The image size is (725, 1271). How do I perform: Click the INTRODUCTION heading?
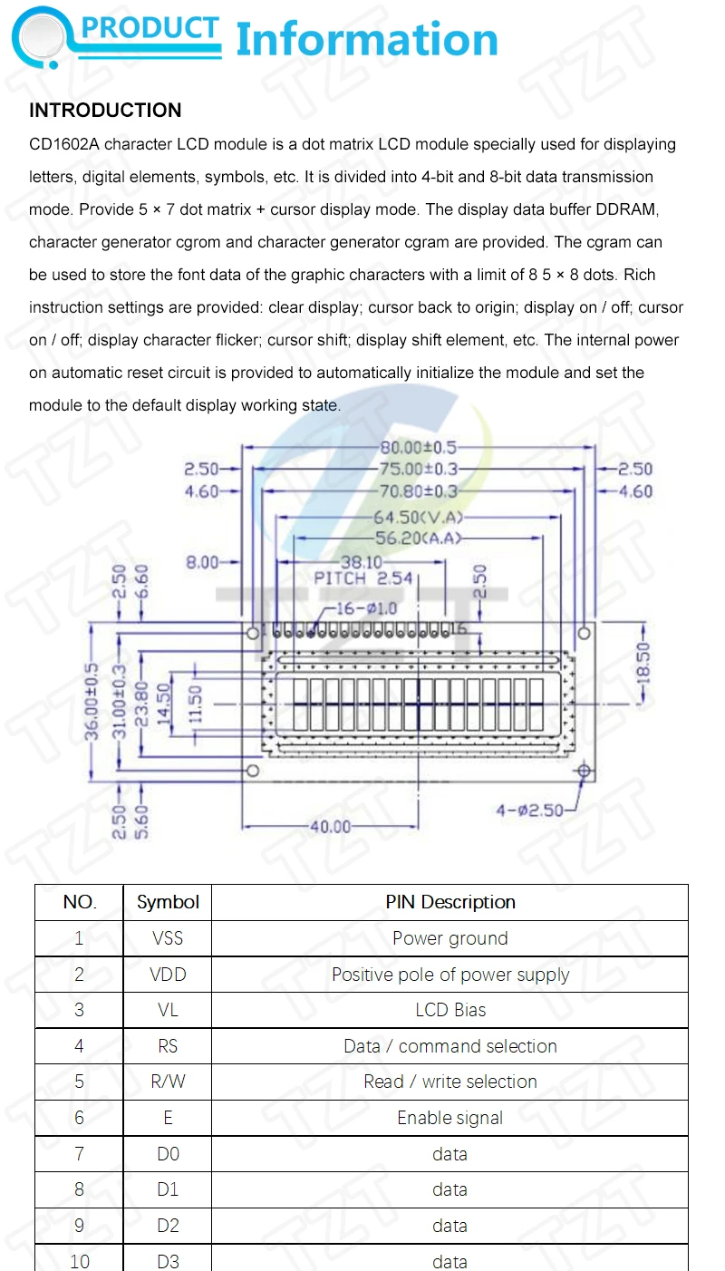105,111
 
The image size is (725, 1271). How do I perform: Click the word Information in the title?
367,40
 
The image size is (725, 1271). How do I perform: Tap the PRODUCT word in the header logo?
150,29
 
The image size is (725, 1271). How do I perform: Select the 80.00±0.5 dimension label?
418,447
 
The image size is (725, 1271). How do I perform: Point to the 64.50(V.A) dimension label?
418,518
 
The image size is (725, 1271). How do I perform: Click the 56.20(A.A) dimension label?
418,538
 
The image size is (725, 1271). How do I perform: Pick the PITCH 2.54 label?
362,578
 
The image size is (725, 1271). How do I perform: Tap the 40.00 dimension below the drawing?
328,827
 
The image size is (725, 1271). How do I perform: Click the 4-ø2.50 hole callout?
529,810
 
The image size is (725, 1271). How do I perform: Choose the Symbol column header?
168,902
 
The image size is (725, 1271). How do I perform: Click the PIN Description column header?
450,902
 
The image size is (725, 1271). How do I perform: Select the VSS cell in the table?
168,938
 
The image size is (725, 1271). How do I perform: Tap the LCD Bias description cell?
450,1010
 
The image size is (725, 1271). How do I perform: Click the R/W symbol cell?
168,1082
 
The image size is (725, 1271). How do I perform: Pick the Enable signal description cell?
450,1118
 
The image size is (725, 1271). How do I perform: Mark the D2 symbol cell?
168,1226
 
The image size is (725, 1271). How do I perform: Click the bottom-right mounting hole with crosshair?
584,771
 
